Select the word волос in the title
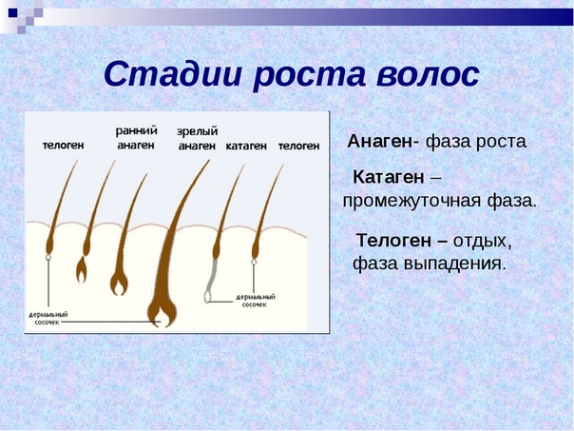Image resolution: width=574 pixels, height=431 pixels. (428, 75)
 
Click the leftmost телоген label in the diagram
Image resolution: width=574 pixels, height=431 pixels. (64, 146)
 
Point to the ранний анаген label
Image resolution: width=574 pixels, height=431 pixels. (136, 138)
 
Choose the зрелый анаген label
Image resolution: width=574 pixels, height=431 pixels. (197, 139)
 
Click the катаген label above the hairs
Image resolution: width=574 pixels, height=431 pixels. (246, 146)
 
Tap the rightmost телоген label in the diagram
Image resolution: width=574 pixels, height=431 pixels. (298, 146)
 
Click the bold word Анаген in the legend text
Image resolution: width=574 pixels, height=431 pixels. (380, 141)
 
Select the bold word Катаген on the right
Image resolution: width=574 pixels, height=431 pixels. (389, 177)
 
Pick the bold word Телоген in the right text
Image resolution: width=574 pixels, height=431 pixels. (393, 241)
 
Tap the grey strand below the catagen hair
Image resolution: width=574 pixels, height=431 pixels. (210, 280)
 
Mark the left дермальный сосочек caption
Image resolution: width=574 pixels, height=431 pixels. (48, 318)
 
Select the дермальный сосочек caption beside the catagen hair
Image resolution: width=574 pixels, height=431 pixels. (255, 301)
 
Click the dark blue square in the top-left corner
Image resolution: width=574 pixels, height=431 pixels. (12, 12)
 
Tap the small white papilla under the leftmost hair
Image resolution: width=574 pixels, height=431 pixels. (48, 257)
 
